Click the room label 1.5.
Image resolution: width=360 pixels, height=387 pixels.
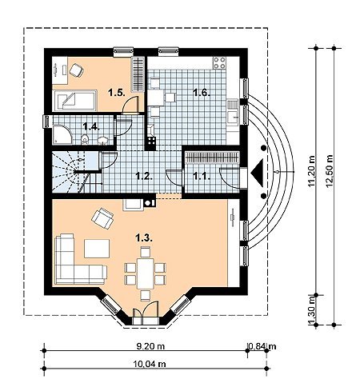coord(117,93)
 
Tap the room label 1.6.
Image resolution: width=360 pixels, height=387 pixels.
coord(202,93)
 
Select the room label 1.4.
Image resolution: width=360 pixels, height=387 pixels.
coord(91,126)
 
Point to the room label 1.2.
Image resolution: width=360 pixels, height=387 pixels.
coord(144,176)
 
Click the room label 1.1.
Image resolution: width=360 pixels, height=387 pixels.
coord(202,176)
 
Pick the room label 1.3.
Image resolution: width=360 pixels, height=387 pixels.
coord(144,237)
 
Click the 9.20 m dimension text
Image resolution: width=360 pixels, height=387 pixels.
coord(150,346)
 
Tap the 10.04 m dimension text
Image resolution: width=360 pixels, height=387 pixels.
coord(150,364)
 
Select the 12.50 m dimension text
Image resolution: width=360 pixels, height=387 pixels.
coord(329,171)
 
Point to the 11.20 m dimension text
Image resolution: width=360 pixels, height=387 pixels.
coord(311,171)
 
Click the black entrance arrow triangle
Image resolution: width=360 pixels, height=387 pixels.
coord(258,173)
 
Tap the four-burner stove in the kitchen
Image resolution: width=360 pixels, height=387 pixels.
coord(219,63)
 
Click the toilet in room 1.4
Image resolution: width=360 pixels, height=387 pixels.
coord(85,139)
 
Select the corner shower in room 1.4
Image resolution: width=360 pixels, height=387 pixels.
coord(62,134)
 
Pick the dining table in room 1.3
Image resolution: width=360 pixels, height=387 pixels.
coord(146,273)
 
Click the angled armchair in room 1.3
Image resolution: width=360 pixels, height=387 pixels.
coord(102,218)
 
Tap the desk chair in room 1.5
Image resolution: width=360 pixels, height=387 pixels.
coord(77,70)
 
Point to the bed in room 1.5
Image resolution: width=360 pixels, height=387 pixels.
coord(75,101)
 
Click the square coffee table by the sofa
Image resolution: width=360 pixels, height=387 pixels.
coord(97,249)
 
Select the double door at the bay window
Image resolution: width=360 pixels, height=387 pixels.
coord(146,313)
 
